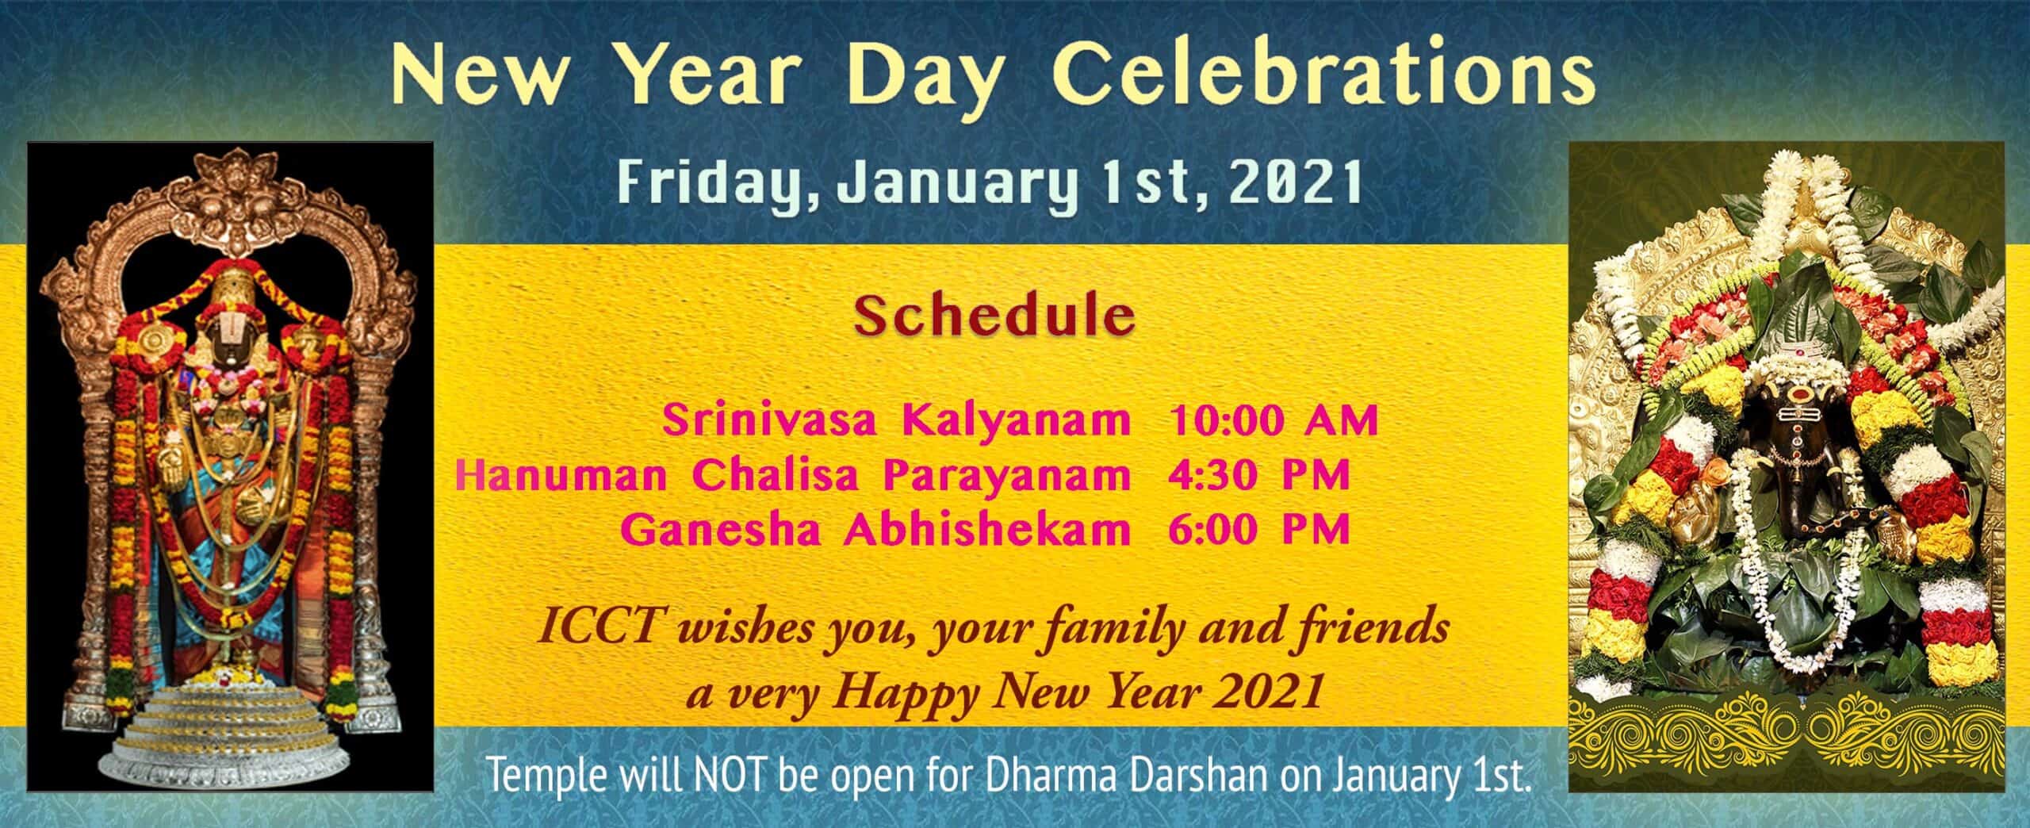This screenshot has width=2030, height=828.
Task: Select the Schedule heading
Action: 994,316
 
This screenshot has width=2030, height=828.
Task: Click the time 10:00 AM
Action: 1274,420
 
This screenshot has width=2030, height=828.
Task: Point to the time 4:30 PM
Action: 1259,476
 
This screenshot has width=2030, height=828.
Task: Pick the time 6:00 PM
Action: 1259,530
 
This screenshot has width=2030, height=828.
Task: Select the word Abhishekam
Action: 986,530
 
